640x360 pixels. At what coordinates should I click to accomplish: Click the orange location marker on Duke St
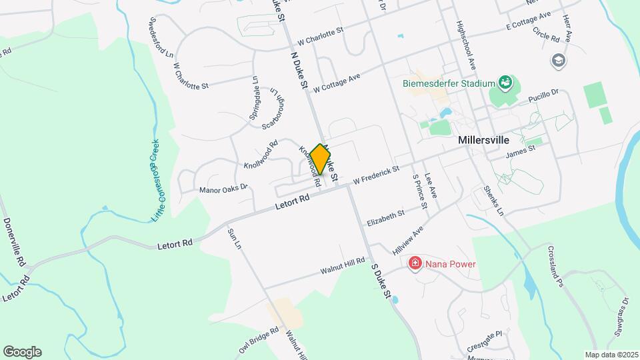[x=320, y=159]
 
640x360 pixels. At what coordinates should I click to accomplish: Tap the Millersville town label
[x=484, y=141]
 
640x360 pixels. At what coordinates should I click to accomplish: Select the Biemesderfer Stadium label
[x=449, y=84]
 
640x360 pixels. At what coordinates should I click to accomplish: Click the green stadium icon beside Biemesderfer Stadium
[x=505, y=83]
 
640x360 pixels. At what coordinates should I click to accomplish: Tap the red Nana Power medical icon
[x=415, y=264]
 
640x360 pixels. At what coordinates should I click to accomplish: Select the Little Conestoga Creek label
[x=155, y=181]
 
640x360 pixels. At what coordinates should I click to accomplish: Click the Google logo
[x=22, y=352]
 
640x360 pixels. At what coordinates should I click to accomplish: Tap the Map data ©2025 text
[x=611, y=354]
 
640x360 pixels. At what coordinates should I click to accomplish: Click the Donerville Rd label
[x=14, y=241]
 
